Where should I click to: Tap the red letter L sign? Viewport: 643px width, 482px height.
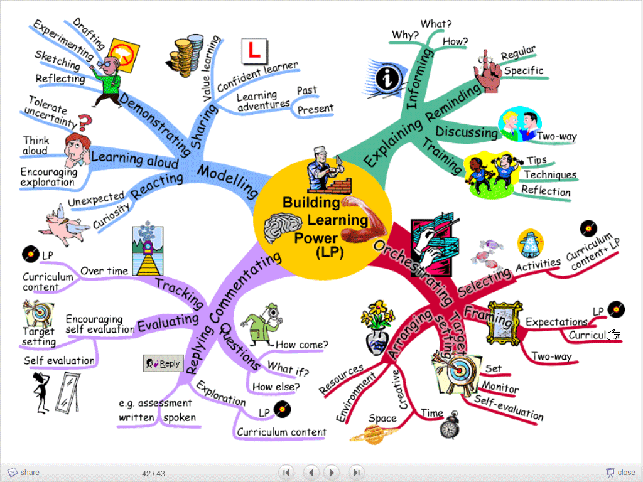pyautogui.click(x=254, y=51)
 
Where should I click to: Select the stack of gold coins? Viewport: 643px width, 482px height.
pyautogui.click(x=185, y=56)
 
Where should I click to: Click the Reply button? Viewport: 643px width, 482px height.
pyautogui.click(x=163, y=363)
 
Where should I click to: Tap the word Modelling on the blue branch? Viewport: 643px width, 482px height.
pyautogui.click(x=228, y=181)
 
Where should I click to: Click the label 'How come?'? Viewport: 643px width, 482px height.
pyautogui.click(x=302, y=345)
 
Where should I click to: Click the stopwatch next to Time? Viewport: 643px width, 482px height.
pyautogui.click(x=450, y=426)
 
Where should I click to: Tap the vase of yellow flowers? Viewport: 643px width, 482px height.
pyautogui.click(x=377, y=328)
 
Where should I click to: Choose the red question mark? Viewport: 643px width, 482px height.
pyautogui.click(x=85, y=121)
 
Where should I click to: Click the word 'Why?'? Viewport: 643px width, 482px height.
pyautogui.click(x=405, y=35)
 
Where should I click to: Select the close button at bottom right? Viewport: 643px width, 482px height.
pyautogui.click(x=621, y=473)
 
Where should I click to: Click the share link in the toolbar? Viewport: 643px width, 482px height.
pyautogui.click(x=24, y=473)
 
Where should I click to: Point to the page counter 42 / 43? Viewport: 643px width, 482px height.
pyautogui.click(x=153, y=473)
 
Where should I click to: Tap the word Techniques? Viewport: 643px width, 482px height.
pyautogui.click(x=550, y=175)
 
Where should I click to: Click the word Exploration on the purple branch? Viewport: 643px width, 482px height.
pyautogui.click(x=221, y=393)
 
